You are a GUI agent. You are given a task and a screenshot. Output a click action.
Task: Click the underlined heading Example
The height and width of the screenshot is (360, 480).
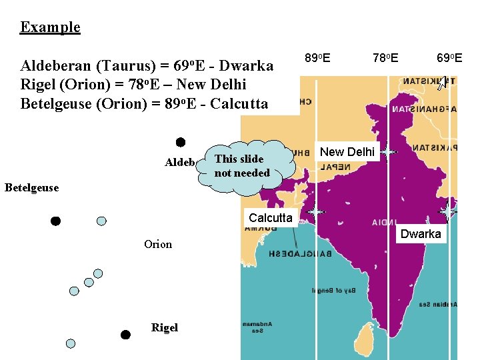pyautogui.click(x=50, y=27)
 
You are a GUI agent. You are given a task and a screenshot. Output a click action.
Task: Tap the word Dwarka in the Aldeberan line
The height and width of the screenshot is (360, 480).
pyautogui.click(x=246, y=66)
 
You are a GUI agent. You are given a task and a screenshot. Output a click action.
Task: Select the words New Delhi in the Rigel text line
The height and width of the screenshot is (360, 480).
pyautogui.click(x=207, y=85)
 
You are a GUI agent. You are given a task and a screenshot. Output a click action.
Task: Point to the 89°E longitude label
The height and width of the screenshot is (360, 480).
pyautogui.click(x=317, y=58)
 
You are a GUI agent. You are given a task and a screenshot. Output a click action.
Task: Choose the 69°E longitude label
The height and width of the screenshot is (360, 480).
pyautogui.click(x=449, y=58)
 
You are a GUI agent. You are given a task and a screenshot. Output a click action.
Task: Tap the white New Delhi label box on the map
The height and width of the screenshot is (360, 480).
pyautogui.click(x=347, y=152)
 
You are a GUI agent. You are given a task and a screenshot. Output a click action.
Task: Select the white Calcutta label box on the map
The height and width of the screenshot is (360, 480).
pyautogui.click(x=270, y=217)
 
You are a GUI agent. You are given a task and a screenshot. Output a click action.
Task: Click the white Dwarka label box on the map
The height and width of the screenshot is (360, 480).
pyautogui.click(x=421, y=234)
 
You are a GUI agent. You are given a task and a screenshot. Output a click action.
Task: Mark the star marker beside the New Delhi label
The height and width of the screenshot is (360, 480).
pyautogui.click(x=387, y=153)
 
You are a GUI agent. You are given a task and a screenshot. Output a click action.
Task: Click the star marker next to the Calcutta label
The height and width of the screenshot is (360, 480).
pyautogui.click(x=315, y=211)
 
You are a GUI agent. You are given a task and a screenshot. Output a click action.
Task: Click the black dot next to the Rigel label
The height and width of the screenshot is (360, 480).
pyautogui.click(x=125, y=335)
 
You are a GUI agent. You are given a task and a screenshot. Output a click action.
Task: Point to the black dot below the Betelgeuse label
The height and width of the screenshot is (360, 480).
pyautogui.click(x=56, y=221)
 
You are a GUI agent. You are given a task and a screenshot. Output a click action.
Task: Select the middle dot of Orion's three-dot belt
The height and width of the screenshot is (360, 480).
pyautogui.click(x=89, y=282)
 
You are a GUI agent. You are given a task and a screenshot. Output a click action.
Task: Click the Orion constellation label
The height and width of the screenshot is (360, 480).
pyautogui.click(x=158, y=244)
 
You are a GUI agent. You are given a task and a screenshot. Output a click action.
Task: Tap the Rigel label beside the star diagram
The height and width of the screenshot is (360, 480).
pyautogui.click(x=164, y=327)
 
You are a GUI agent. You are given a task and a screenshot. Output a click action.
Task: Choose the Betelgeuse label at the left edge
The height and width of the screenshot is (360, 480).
pyautogui.click(x=31, y=187)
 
